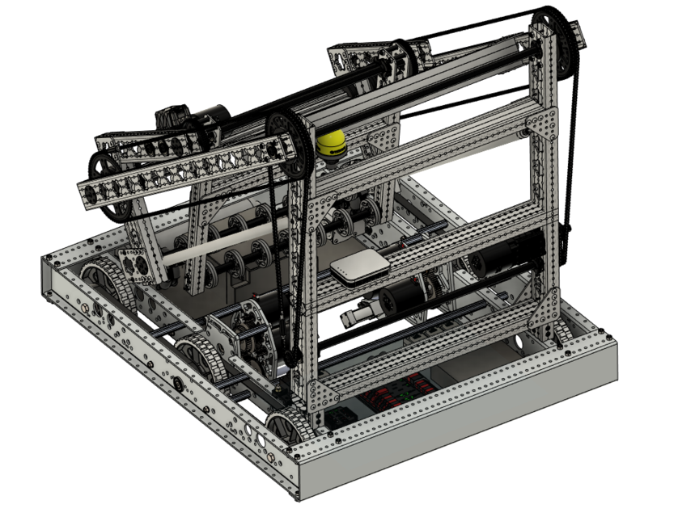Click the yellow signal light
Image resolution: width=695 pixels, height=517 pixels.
pyautogui.click(x=332, y=144)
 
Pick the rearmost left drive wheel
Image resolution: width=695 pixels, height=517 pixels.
pyautogui.click(x=103, y=279)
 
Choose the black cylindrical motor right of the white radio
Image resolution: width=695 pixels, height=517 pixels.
pyautogui.click(x=402, y=298)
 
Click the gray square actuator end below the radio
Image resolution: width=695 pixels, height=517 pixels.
pyautogui.click(x=354, y=312)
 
